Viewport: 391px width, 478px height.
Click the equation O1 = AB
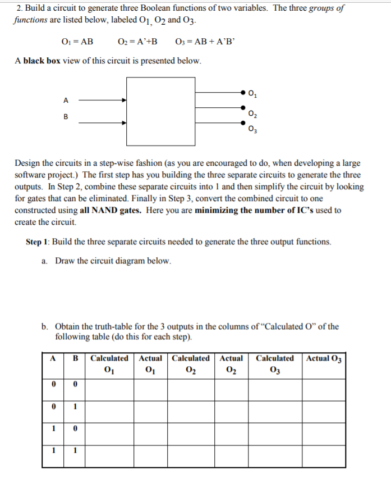point(76,41)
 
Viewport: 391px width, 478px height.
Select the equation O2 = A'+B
point(137,41)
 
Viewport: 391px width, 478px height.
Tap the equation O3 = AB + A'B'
point(203,41)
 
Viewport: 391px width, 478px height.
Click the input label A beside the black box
point(66,101)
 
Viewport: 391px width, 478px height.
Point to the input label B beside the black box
point(66,117)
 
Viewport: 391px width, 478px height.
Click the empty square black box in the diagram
point(161,110)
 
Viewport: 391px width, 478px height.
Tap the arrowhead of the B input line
point(123,117)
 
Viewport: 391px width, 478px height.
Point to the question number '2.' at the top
point(20,8)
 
